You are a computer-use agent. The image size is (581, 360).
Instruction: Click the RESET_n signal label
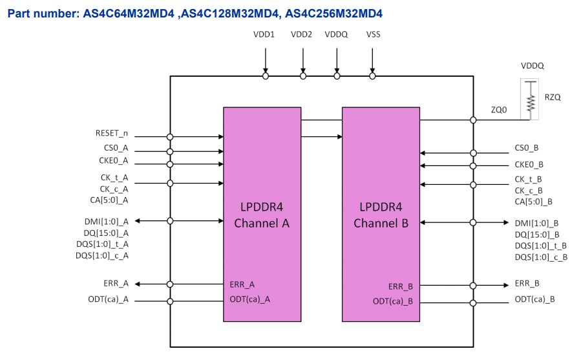(x=112, y=134)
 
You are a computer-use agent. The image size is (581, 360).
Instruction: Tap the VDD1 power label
(x=265, y=34)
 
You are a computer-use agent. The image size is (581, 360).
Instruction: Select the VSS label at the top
(x=372, y=34)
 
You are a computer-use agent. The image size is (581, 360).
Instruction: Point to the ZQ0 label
(x=499, y=110)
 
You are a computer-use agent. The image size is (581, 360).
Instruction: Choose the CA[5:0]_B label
(x=534, y=202)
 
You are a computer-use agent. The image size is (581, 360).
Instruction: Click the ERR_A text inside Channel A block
(x=242, y=284)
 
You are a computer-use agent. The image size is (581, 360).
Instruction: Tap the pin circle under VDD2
(x=302, y=76)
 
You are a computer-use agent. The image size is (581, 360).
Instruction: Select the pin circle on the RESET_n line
(x=170, y=136)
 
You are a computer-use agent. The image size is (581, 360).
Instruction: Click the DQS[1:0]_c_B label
(x=541, y=257)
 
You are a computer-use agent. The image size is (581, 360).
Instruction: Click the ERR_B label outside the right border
(x=527, y=283)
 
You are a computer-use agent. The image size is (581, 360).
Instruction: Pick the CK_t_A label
(x=114, y=178)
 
